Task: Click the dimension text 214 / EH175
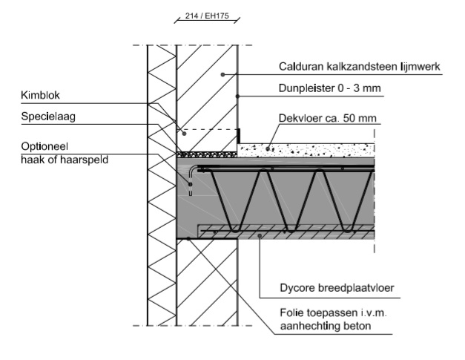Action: coord(207,15)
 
